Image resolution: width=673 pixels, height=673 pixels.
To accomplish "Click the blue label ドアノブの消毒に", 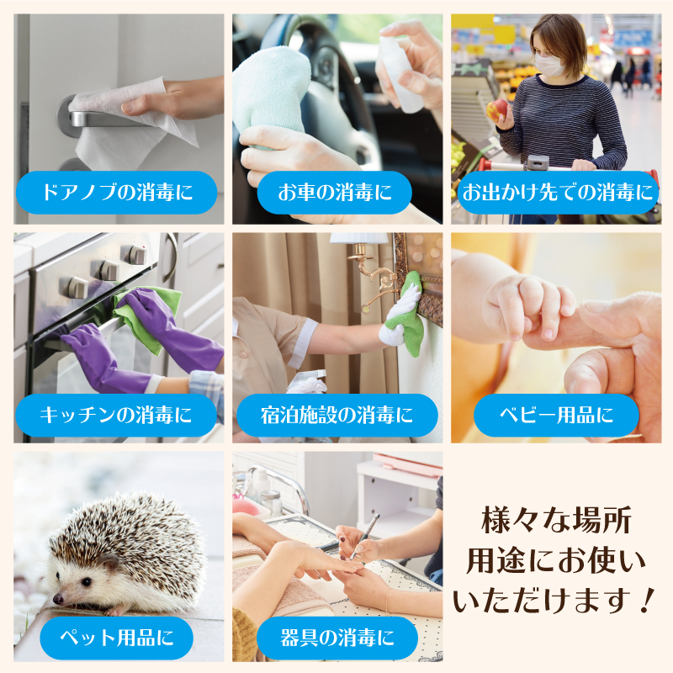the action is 116,193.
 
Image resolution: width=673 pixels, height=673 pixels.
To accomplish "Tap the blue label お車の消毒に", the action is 334,193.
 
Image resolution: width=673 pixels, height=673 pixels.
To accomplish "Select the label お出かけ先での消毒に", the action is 558,193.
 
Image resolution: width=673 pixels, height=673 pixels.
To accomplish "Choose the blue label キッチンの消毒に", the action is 116,415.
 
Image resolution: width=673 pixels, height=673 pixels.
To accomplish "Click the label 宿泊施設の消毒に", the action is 337,415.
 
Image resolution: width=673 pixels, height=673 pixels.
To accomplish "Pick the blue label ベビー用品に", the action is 556,415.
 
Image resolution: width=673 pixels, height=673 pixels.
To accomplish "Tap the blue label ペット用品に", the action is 116,638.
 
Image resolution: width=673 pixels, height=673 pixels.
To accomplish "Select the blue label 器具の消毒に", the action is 337,638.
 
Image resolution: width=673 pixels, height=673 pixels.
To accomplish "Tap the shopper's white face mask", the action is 549,66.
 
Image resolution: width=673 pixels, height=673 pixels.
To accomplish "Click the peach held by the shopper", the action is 496,109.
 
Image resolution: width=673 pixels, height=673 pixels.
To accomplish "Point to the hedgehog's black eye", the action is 87,582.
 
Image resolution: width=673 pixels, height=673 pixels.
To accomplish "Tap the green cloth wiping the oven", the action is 146,319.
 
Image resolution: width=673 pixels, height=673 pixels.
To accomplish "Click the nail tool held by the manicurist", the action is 365,537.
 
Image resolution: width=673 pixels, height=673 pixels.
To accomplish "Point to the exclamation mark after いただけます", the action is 645,600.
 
